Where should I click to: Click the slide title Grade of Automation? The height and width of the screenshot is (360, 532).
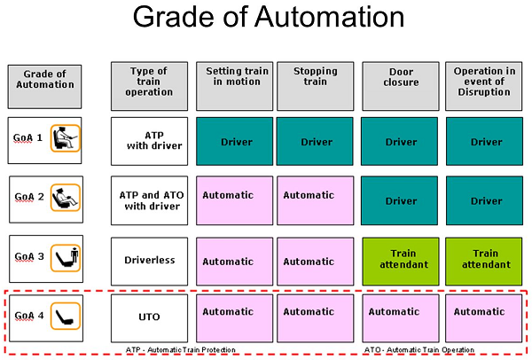(269, 17)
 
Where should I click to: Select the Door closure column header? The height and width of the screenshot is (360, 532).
(401, 86)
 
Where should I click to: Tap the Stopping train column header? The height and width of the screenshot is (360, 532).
(315, 86)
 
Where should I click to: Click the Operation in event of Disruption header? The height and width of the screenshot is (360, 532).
(484, 86)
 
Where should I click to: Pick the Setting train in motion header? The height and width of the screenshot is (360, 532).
(234, 86)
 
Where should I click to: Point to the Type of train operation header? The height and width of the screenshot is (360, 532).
(149, 86)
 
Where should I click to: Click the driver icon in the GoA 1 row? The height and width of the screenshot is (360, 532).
(66, 138)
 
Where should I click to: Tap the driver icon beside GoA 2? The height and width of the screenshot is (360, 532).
(66, 198)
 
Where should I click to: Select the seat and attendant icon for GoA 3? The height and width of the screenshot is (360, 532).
(66, 258)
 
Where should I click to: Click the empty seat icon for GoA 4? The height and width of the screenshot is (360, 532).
(66, 317)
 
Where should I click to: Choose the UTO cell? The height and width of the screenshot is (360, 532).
(149, 318)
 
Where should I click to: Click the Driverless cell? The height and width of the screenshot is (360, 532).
(149, 262)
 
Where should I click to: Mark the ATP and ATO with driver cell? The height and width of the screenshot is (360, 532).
(149, 200)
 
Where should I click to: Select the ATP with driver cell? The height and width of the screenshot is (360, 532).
(149, 141)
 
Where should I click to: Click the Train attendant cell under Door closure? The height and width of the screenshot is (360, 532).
(401, 262)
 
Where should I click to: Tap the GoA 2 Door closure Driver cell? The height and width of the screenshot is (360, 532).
(399, 200)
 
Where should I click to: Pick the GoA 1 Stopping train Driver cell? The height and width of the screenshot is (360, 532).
(315, 141)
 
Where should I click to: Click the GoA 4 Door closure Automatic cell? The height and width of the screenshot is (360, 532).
(401, 318)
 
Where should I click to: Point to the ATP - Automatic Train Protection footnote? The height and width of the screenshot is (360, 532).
(181, 350)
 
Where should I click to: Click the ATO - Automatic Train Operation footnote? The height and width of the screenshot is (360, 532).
(419, 350)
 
